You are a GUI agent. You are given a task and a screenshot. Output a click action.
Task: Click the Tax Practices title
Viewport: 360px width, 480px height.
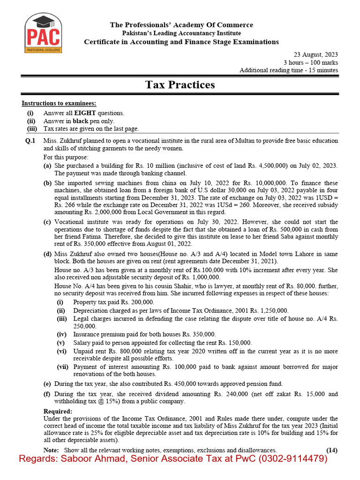(x=180, y=85)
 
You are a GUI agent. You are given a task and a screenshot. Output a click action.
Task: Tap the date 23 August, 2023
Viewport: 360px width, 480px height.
(x=316, y=55)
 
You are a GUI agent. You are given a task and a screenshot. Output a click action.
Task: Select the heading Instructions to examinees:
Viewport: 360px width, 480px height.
(x=59, y=104)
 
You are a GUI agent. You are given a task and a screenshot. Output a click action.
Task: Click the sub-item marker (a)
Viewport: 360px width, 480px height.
(x=47, y=166)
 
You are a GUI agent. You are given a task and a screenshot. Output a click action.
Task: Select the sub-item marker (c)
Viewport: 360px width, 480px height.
(x=47, y=222)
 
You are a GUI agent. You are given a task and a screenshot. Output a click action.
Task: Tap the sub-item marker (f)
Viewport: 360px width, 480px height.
(x=47, y=394)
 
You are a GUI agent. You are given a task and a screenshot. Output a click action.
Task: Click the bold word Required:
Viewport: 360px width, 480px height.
(x=57, y=412)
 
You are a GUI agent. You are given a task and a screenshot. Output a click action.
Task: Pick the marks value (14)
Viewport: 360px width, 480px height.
(x=332, y=450)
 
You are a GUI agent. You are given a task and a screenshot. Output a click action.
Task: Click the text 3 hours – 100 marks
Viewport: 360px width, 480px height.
(x=310, y=63)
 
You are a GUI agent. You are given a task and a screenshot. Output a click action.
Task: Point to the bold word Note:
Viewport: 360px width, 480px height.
(x=51, y=450)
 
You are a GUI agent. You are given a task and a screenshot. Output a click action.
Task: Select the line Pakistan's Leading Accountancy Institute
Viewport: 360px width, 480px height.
(x=181, y=33)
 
